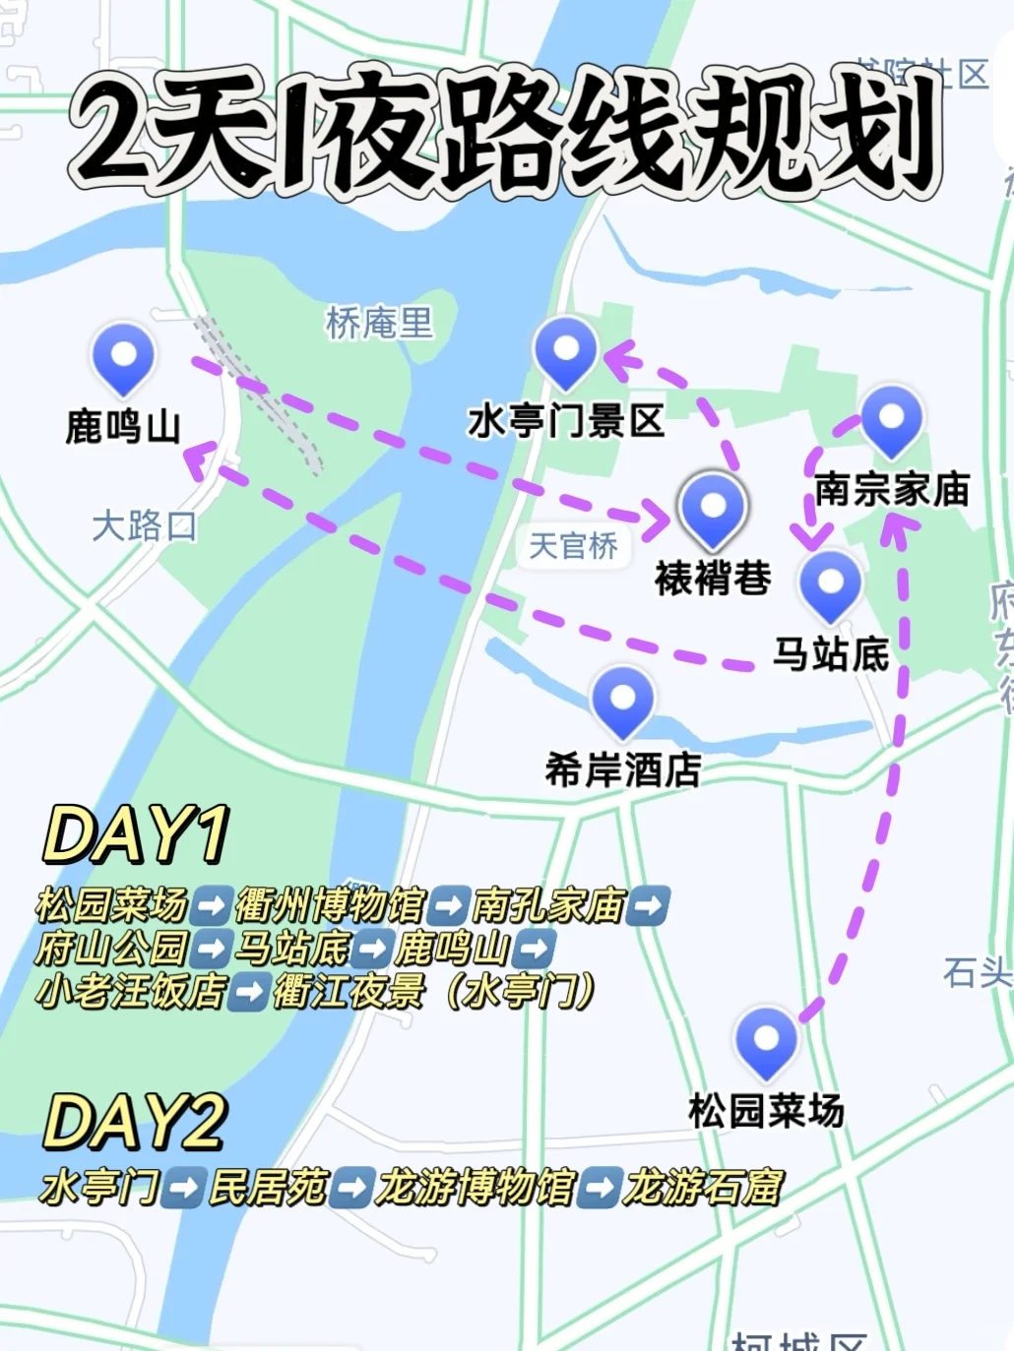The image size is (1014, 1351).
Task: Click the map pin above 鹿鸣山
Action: coord(123,356)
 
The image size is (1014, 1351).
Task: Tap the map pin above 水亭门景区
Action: coord(565,350)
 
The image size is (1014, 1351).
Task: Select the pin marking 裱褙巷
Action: coord(712,508)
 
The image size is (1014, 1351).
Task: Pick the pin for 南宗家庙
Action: coord(891,419)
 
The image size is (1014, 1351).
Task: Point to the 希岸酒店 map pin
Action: coord(622,700)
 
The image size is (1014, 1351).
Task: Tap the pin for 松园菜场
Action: coord(766,1041)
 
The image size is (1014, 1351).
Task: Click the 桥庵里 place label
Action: coord(379,322)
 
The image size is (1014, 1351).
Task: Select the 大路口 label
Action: coord(144,525)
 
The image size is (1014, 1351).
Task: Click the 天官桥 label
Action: coord(573,545)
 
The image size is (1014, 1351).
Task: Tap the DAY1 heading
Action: coord(136,834)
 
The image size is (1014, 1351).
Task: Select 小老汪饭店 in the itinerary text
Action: coord(130,990)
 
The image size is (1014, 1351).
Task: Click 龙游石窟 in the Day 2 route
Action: coord(703,1187)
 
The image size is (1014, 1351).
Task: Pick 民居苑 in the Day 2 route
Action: coord(268,1187)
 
